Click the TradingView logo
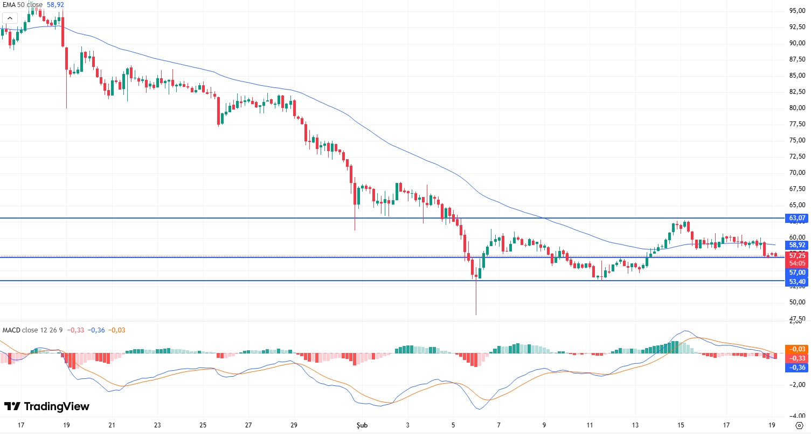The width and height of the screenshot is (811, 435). tap(47, 406)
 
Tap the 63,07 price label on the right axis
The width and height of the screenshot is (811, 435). tap(797, 218)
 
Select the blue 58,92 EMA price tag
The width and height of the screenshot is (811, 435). tap(797, 244)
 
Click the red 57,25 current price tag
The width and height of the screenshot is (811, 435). tap(797, 255)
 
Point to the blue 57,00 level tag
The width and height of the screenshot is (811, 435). tap(797, 273)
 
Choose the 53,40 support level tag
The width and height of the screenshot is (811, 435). tap(797, 282)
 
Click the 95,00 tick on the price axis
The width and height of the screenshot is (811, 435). tap(797, 10)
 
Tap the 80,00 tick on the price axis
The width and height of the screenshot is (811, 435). tap(797, 108)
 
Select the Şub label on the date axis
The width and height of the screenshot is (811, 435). tap(362, 425)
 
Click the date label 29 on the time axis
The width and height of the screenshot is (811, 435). tap(294, 425)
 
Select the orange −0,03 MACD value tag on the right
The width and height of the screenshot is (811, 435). tap(797, 349)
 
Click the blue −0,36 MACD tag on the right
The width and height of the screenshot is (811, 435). tap(797, 367)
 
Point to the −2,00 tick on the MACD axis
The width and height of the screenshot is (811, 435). tap(797, 385)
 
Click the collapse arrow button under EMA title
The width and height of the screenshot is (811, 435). tap(9, 18)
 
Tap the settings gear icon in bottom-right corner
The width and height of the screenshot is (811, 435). tap(799, 425)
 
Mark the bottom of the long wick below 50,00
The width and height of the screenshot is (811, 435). tap(476, 315)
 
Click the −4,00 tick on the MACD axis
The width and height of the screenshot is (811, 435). tap(797, 416)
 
